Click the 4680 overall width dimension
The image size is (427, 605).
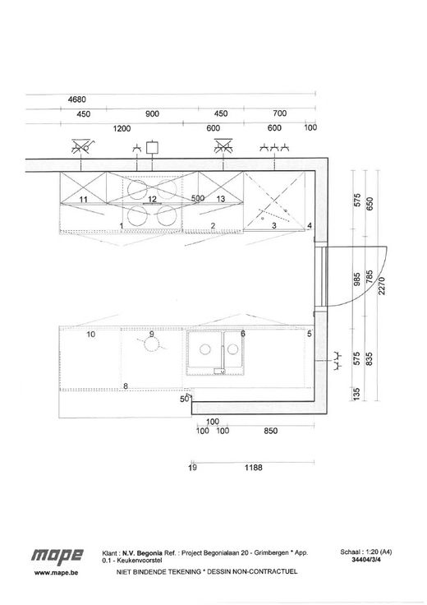pos(77,99)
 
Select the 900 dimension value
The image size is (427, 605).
pos(152,113)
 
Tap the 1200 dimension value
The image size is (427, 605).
pos(122,128)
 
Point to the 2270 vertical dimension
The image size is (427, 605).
pos(382,285)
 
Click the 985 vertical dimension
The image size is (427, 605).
pos(357,279)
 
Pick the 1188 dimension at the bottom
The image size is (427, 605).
pos(253,468)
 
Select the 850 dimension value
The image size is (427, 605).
pos(270,431)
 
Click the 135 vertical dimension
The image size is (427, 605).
pos(357,393)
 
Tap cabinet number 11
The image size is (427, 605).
pos(83,200)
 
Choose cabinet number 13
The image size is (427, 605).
pos(221,199)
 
